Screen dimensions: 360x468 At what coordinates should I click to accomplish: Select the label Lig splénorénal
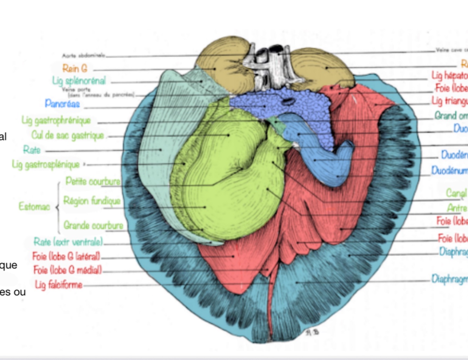click(x=79, y=81)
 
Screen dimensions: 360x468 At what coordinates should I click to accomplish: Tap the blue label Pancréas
click(x=62, y=104)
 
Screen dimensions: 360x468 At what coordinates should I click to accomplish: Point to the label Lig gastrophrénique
click(x=56, y=121)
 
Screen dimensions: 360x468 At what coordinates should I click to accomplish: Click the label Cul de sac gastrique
click(x=68, y=135)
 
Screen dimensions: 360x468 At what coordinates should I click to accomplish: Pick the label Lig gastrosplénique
click(x=46, y=164)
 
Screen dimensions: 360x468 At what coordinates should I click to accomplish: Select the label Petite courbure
click(x=93, y=181)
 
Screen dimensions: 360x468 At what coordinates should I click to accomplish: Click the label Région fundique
click(x=92, y=201)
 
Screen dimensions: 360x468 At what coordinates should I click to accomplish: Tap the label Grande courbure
click(x=93, y=225)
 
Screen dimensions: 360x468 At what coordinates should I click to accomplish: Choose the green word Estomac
click(x=34, y=206)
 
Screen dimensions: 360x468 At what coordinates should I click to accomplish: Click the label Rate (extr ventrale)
click(x=68, y=241)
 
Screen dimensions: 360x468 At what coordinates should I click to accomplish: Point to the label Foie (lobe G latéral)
click(x=66, y=256)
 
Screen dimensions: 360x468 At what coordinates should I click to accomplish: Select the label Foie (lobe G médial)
click(x=68, y=270)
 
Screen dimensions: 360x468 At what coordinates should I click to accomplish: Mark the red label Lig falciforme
click(x=59, y=284)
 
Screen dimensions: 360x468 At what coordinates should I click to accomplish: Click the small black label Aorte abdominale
click(x=83, y=55)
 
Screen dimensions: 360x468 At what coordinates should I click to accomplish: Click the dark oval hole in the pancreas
click(x=288, y=102)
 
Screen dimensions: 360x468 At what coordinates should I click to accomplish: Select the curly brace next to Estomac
click(x=58, y=207)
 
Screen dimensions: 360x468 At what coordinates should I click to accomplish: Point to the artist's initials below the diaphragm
click(x=312, y=332)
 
